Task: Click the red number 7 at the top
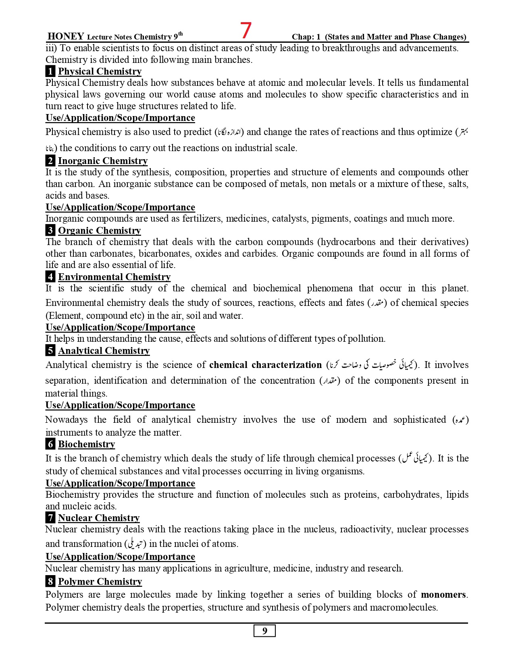point(246,30)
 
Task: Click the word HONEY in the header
point(65,36)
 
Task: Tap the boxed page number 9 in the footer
point(264,631)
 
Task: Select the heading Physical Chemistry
point(100,71)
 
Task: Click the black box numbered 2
point(50,161)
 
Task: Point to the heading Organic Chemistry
point(99,231)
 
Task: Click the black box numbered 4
point(50,277)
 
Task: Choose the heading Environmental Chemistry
point(114,277)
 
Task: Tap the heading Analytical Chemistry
point(104,351)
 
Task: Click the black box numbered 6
point(50,444)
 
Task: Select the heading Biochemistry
point(86,444)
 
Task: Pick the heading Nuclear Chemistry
point(99,518)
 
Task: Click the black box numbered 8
point(50,582)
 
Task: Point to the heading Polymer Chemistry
point(100,582)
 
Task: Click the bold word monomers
point(443,594)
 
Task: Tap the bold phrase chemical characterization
point(265,365)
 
